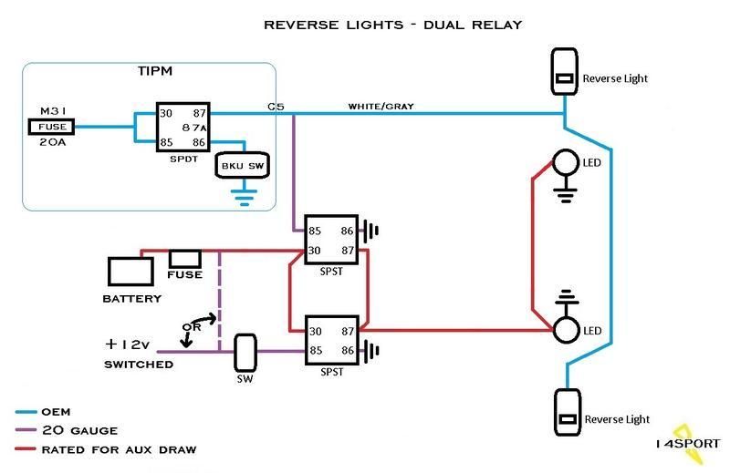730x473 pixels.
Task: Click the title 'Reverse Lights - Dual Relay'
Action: click(x=392, y=25)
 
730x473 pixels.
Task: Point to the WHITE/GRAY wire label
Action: click(x=381, y=107)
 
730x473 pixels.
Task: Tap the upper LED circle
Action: click(x=566, y=163)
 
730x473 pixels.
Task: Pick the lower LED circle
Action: click(x=566, y=328)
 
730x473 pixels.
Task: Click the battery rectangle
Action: click(x=130, y=272)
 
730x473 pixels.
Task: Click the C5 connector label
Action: click(x=276, y=107)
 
